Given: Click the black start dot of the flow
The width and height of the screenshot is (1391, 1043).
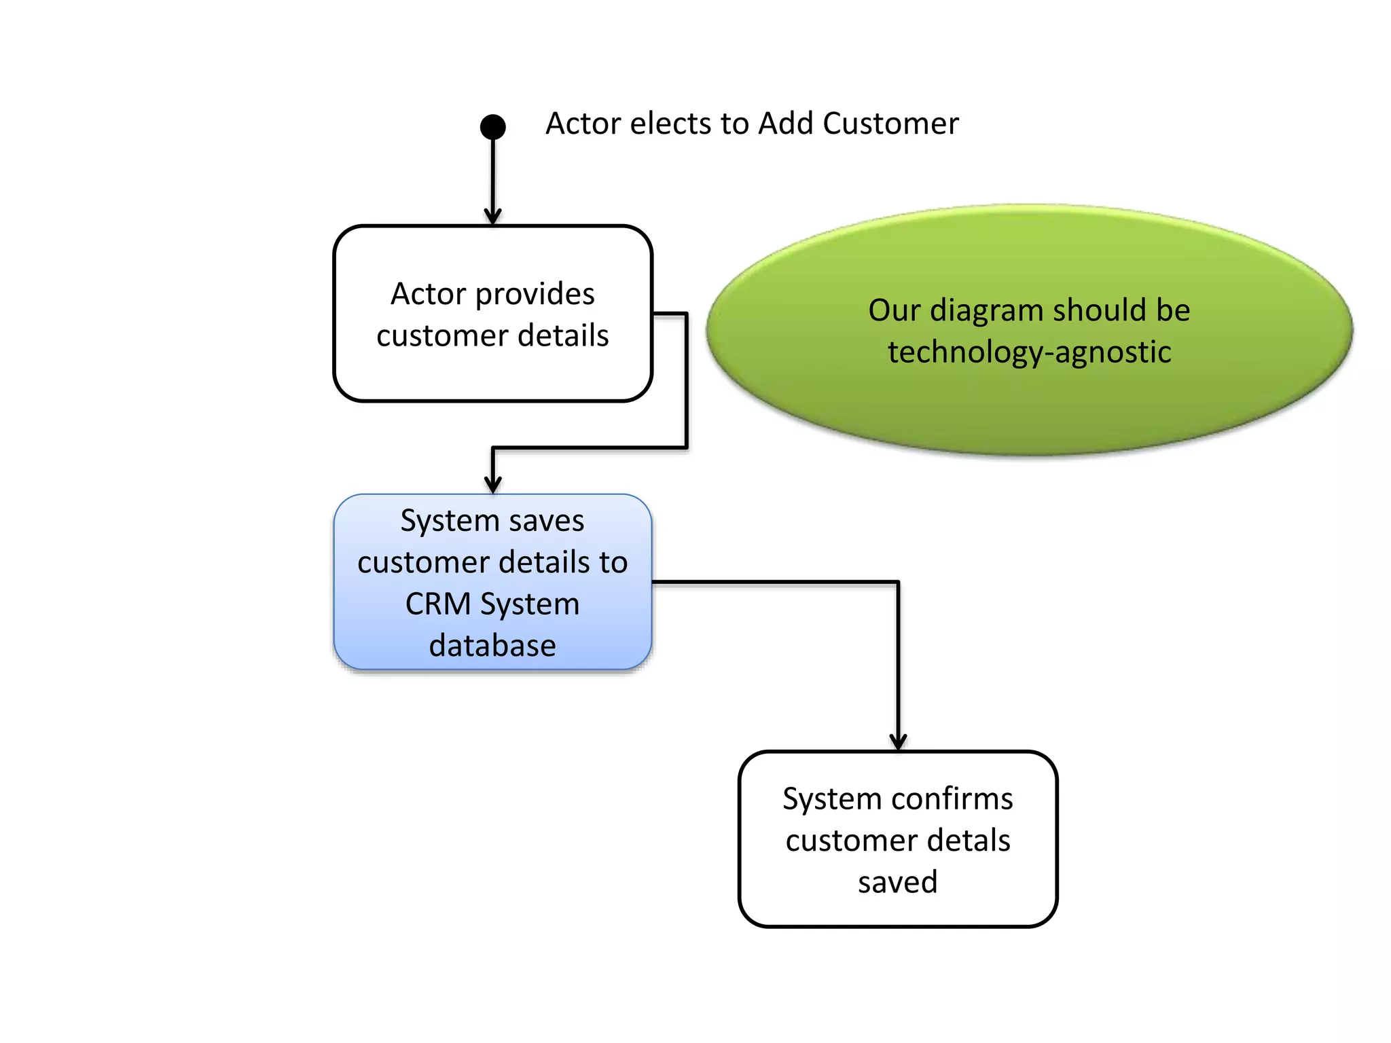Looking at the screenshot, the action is [x=492, y=126].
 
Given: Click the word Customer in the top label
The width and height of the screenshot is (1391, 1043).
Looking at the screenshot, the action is [x=890, y=124].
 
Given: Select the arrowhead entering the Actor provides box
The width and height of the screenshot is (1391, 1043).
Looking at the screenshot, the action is [x=492, y=217].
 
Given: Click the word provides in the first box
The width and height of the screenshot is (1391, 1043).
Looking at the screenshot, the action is [x=535, y=295].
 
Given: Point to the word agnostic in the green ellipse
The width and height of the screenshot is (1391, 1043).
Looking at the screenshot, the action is [x=1113, y=352].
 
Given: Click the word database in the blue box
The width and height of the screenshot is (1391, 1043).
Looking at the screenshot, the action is [x=492, y=645].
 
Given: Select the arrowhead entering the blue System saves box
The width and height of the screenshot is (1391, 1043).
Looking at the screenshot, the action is [x=492, y=485].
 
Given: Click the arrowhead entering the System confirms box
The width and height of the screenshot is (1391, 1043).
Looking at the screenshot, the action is [x=898, y=742].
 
